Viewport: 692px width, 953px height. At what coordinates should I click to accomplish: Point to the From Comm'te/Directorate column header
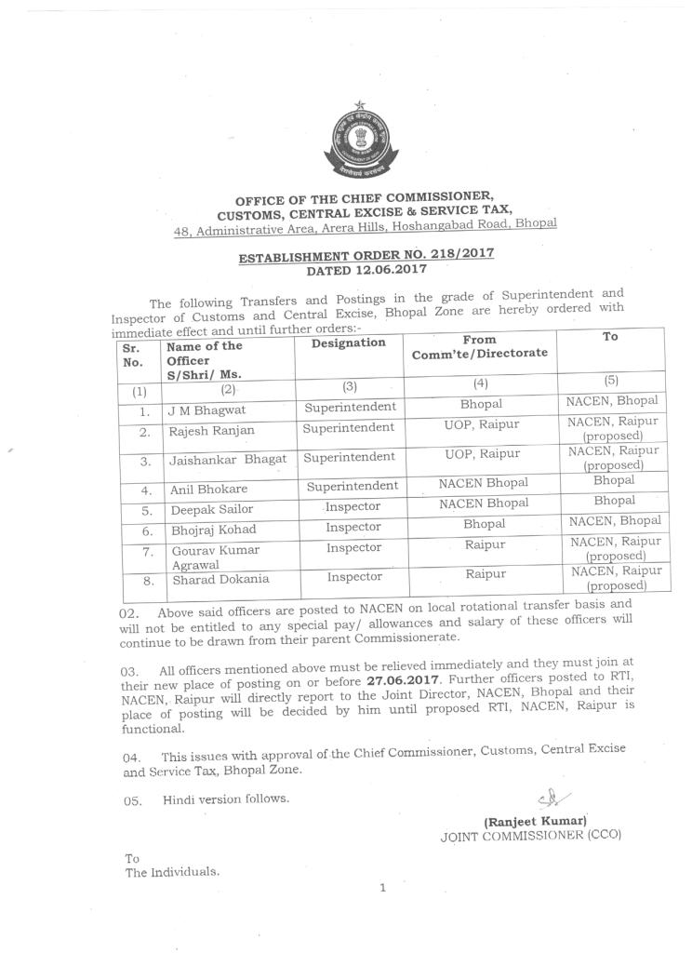[480, 347]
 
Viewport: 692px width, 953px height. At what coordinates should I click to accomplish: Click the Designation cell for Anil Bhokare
[352, 486]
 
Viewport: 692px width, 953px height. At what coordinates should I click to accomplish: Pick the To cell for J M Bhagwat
[612, 401]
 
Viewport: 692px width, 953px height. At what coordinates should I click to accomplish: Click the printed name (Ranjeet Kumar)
[535, 821]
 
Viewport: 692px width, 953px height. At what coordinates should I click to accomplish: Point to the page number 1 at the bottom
[381, 888]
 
